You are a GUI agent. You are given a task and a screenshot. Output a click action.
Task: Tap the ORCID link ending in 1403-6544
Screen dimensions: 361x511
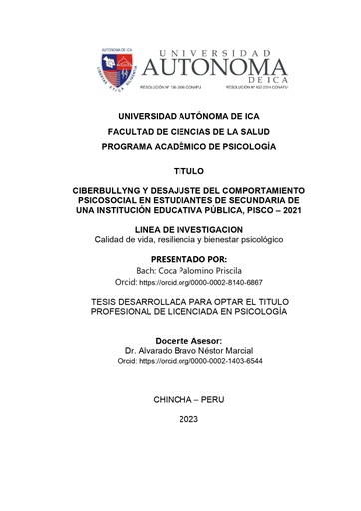tap(206, 362)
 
